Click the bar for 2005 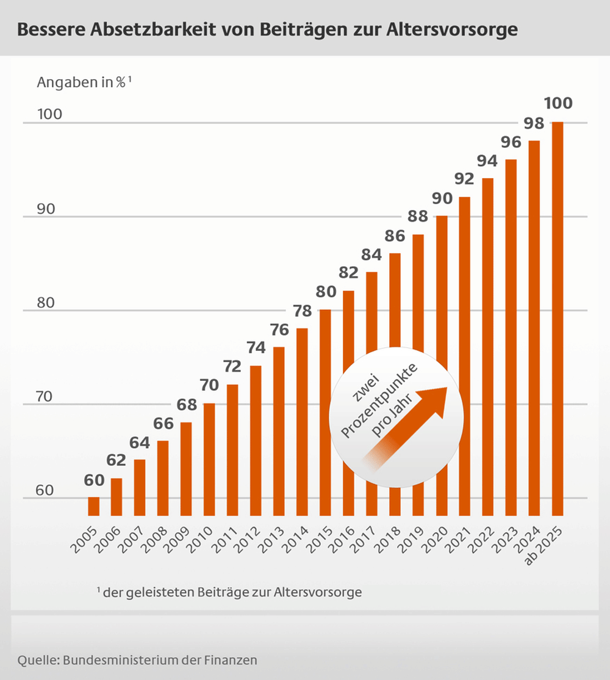coord(93,506)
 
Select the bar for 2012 coord(256,439)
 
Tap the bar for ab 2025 coord(557,317)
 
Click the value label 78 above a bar coord(302,311)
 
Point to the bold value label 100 coord(558,103)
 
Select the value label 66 coord(163,424)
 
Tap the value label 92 coord(464,179)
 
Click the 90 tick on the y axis coord(46,209)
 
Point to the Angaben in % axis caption coord(84,83)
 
